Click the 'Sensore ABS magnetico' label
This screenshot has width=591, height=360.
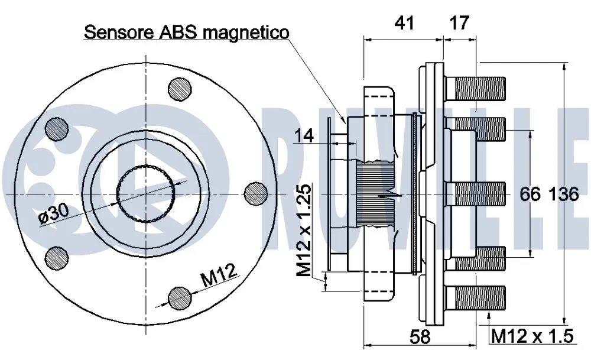click(186, 31)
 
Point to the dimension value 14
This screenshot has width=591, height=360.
click(304, 135)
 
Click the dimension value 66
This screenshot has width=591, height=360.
click(531, 194)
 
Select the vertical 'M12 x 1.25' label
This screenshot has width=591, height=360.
click(304, 231)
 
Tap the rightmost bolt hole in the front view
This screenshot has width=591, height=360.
click(255, 193)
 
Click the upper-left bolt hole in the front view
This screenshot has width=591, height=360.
click(56, 128)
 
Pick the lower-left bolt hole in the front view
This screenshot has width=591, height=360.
click(56, 256)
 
